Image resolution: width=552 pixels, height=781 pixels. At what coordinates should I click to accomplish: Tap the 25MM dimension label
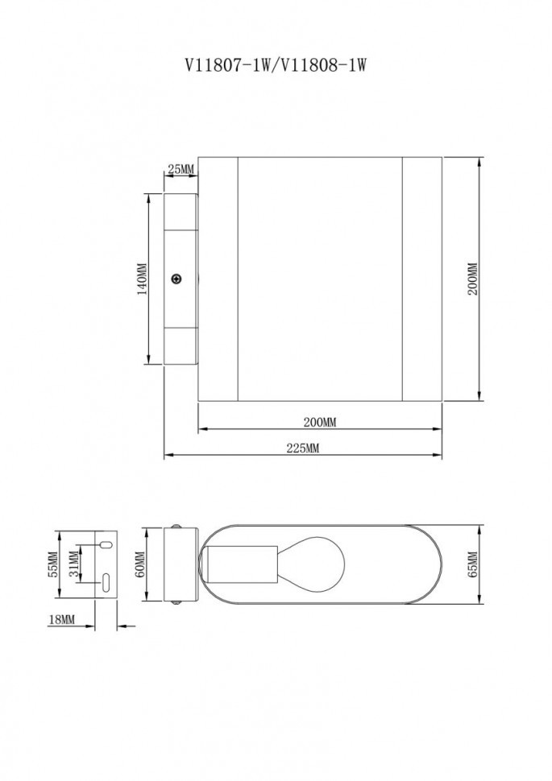pos(181,168)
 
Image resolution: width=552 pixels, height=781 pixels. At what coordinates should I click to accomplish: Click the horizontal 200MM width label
pos(319,423)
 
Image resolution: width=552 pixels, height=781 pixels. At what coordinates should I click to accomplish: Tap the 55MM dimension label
pos(52,565)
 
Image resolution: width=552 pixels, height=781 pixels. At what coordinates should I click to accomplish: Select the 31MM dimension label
pos(74,566)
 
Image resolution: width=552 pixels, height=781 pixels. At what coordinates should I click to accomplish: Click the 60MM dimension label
pos(139,565)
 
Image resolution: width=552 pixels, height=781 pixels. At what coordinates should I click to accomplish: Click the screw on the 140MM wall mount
pos(176,279)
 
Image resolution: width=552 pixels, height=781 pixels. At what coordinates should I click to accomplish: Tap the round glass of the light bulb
pos(315,564)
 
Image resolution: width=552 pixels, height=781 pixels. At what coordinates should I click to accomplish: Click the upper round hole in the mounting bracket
pos(105,546)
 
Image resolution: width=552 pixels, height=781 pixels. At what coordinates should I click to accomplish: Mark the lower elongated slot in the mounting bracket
pos(106,583)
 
